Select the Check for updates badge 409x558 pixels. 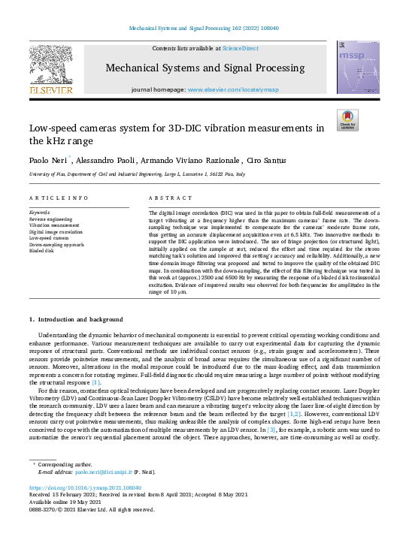click(x=347, y=120)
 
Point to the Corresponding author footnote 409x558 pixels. click(x=61, y=465)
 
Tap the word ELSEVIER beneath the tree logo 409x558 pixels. click(x=51, y=89)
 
